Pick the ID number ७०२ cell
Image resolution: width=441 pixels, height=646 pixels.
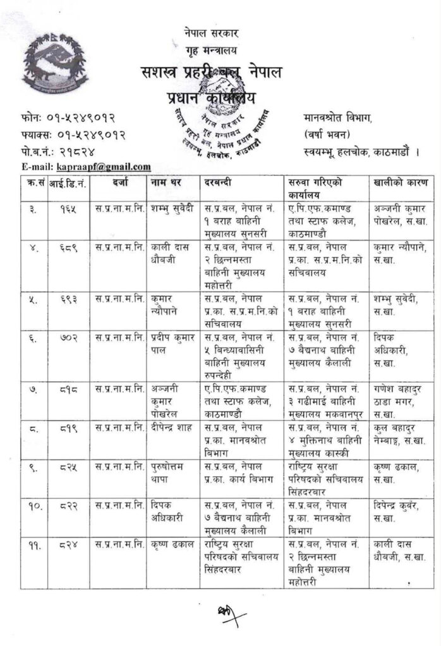66,339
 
